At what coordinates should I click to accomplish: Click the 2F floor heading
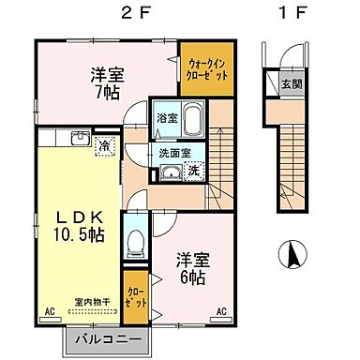(130, 13)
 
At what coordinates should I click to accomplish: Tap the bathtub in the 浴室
(193, 121)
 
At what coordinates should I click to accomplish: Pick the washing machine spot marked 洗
(193, 171)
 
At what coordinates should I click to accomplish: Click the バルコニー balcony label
(104, 337)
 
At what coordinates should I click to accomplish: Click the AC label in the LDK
(49, 310)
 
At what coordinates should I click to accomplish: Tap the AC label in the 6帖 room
(222, 310)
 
